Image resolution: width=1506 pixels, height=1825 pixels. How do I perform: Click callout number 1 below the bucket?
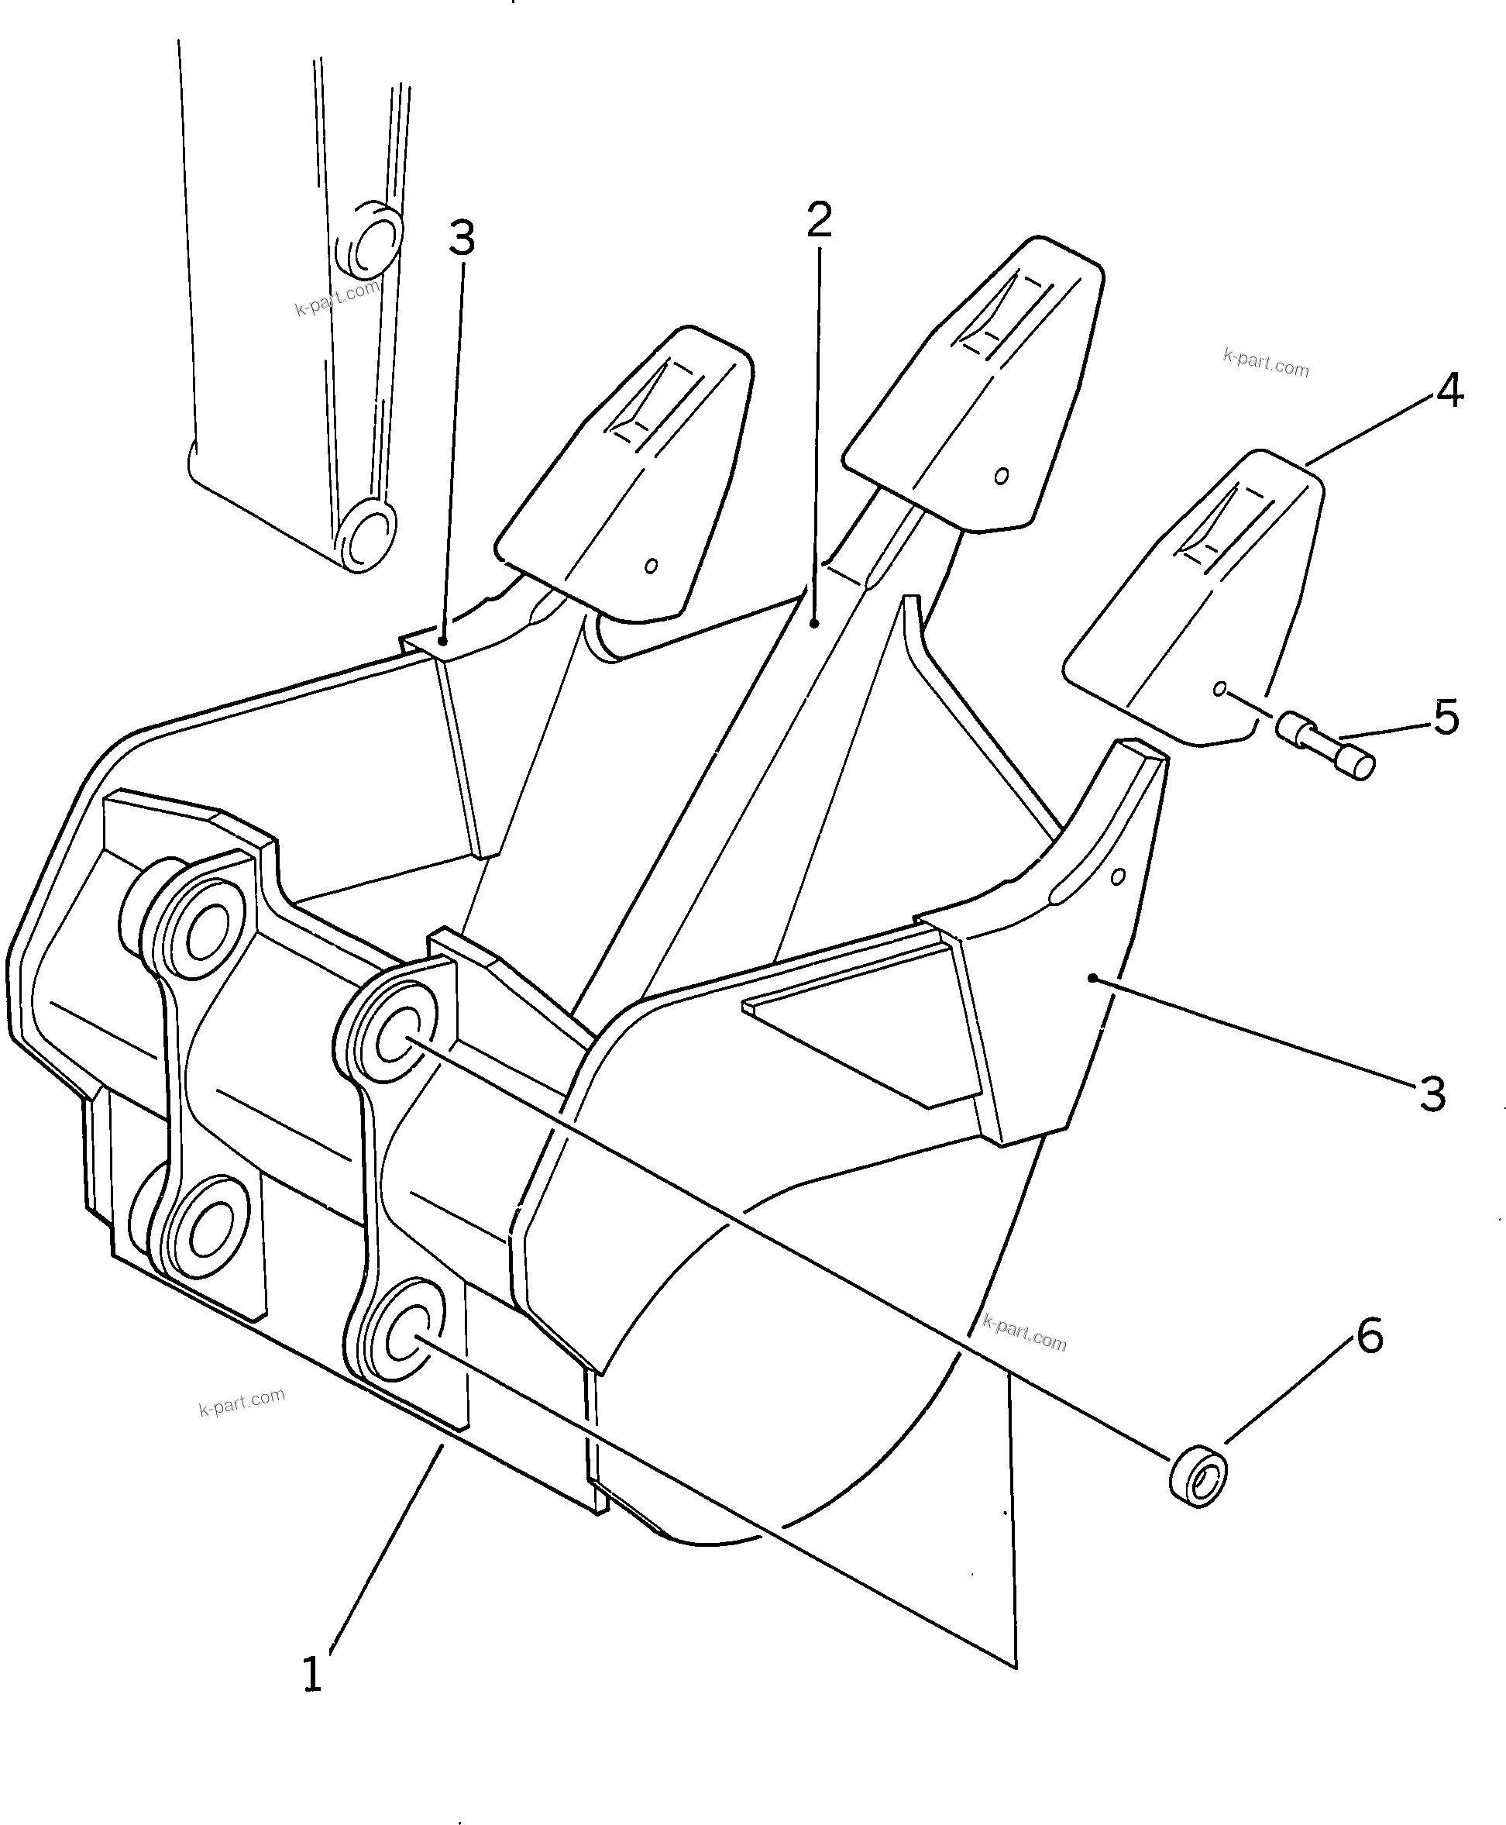tap(312, 1674)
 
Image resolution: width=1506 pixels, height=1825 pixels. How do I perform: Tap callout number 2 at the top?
tap(818, 219)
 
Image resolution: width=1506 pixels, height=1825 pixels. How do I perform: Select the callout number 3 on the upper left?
tap(462, 238)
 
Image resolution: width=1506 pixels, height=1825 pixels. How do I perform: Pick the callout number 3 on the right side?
tap(1432, 1094)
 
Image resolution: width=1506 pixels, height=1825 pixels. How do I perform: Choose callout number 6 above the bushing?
tap(1369, 1335)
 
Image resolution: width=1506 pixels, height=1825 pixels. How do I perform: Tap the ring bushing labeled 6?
tap(1198, 1475)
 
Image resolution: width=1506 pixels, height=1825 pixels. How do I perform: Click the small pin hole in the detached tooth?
tap(1219, 689)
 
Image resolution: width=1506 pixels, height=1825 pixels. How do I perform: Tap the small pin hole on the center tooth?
tap(1001, 476)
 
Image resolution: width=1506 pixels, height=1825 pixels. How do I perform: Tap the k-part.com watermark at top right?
tap(1266, 363)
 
